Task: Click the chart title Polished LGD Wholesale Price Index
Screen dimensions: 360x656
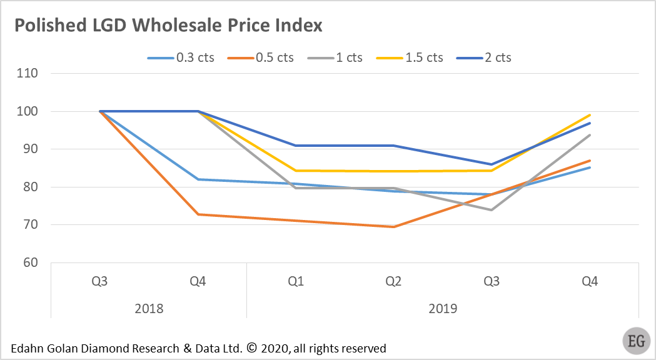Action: [x=168, y=26]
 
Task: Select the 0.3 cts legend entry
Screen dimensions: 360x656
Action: [x=181, y=57]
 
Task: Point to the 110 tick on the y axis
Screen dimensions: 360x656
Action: [x=28, y=73]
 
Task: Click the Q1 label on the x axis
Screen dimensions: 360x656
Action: [x=296, y=281]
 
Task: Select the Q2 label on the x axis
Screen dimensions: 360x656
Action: [x=393, y=281]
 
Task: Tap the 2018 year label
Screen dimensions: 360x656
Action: [x=149, y=309]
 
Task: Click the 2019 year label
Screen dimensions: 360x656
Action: [x=443, y=309]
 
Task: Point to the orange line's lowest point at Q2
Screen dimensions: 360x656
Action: [x=393, y=227]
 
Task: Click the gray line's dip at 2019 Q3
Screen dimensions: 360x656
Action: [x=492, y=210]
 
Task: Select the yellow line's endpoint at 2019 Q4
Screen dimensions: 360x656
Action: [x=590, y=115]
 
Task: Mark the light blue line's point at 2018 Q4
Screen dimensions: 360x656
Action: [x=198, y=179]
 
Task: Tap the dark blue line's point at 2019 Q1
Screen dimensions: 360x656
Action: [x=296, y=146]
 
